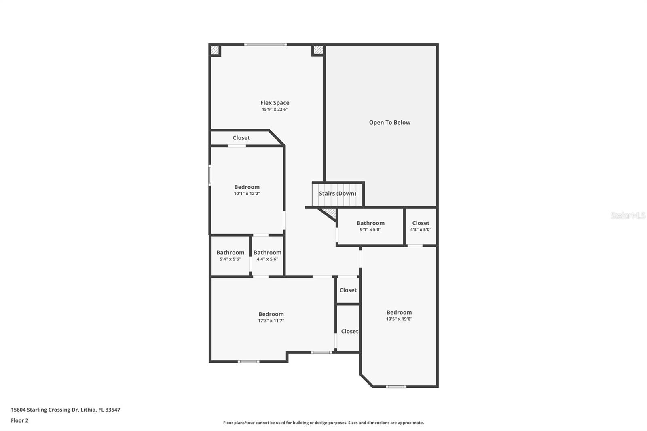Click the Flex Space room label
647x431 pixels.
pos(275,103)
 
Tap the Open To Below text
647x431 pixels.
pos(389,123)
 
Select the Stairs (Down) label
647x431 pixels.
pos(337,194)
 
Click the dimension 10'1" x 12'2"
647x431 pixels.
pos(247,194)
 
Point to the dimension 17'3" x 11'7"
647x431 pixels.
pos(271,321)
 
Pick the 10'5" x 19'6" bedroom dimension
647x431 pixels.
pos(399,319)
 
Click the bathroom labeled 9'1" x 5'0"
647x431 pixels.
pos(370,226)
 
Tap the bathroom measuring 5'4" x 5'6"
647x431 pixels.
pos(230,256)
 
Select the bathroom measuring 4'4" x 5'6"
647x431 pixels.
pos(267,256)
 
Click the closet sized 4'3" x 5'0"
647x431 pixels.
pos(421,226)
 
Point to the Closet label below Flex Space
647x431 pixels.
pos(241,138)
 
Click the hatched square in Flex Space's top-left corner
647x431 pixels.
pos(215,50)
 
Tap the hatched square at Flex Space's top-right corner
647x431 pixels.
pos(318,50)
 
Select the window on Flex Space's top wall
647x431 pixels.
pos(265,44)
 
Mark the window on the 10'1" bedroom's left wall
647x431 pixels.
pos(209,175)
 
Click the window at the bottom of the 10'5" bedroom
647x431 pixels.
pos(396,387)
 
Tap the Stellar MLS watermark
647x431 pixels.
pos(628,215)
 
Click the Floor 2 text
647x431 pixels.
pos(19,420)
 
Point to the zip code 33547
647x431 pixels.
pos(113,410)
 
